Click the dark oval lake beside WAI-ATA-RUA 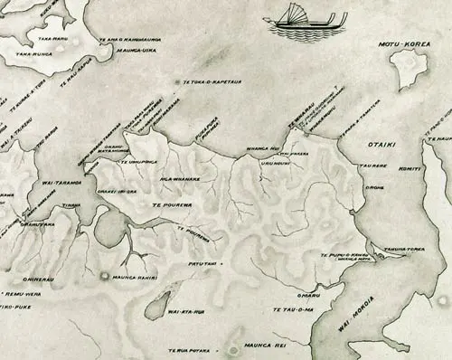pyautogui.click(x=159, y=306)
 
